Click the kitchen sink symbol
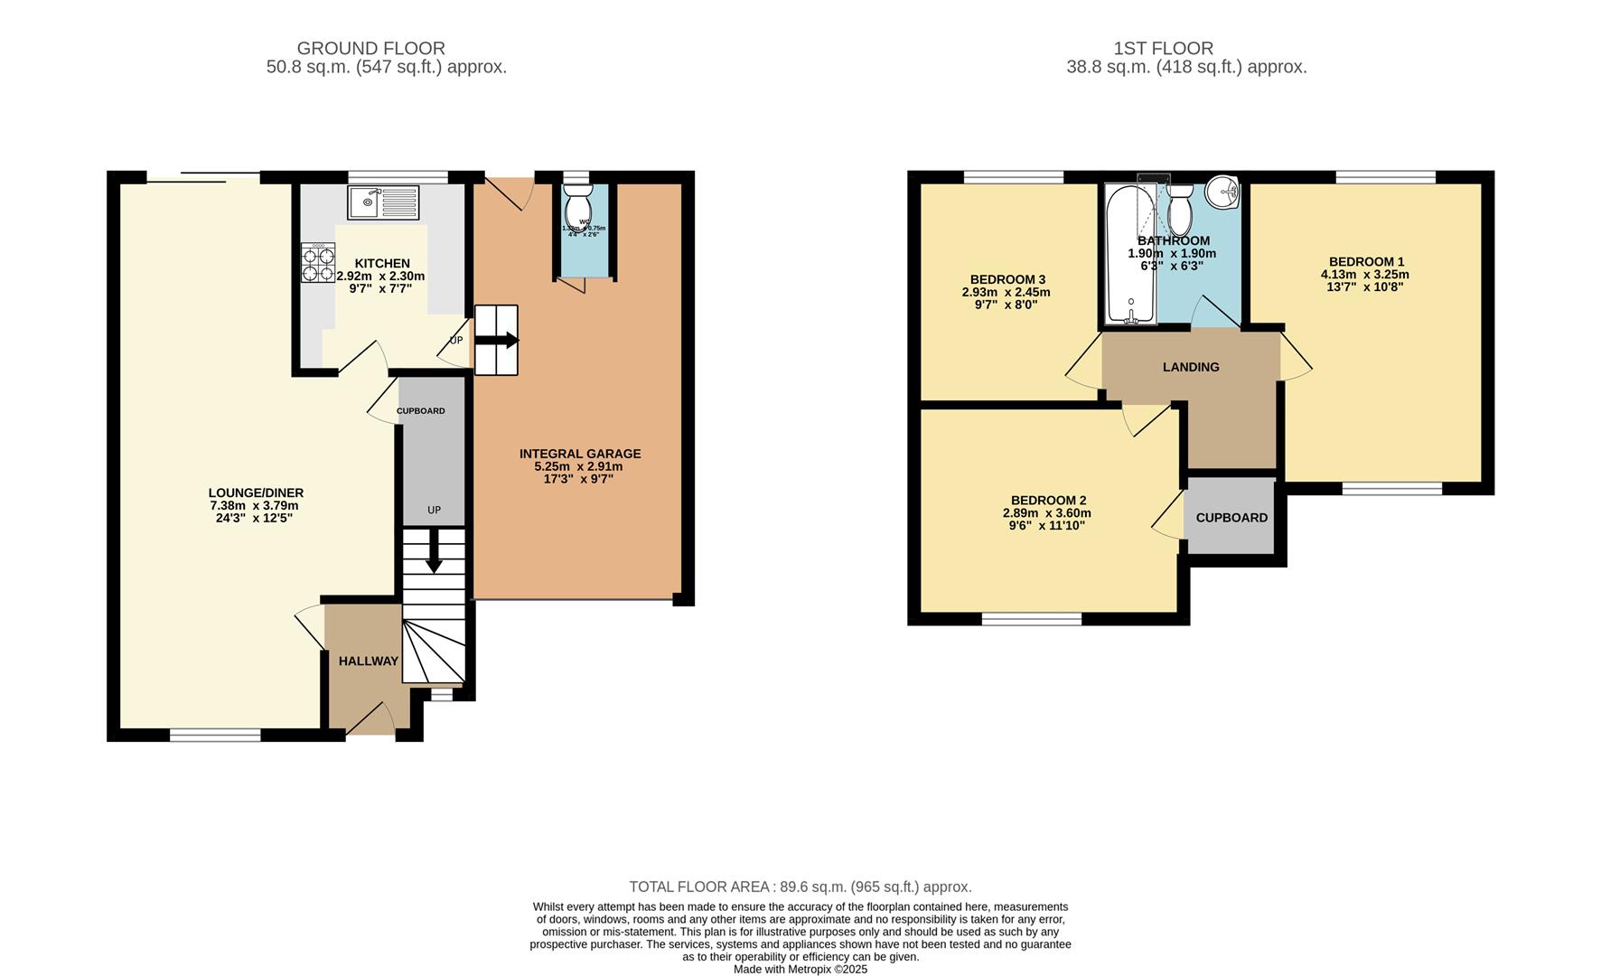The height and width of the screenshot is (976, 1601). click(382, 202)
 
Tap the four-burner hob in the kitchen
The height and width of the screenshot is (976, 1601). click(318, 263)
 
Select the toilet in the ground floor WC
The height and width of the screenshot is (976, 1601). click(576, 210)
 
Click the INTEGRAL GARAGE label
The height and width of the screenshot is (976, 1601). click(579, 454)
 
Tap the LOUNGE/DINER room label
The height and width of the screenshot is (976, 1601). click(256, 493)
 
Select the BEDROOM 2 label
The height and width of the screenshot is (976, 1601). click(1048, 500)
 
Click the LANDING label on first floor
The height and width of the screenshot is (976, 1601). click(1190, 367)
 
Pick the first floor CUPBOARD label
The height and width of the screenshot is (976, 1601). click(1231, 518)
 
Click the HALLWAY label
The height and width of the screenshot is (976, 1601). click(368, 662)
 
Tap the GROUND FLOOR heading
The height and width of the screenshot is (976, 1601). click(370, 48)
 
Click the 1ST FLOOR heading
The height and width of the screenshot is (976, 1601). click(1163, 48)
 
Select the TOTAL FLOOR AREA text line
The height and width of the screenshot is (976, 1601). click(800, 887)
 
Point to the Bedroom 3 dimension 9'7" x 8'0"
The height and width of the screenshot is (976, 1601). click(1005, 305)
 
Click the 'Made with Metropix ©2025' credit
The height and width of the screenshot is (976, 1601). click(800, 969)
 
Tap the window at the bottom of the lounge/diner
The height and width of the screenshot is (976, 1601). click(215, 735)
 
